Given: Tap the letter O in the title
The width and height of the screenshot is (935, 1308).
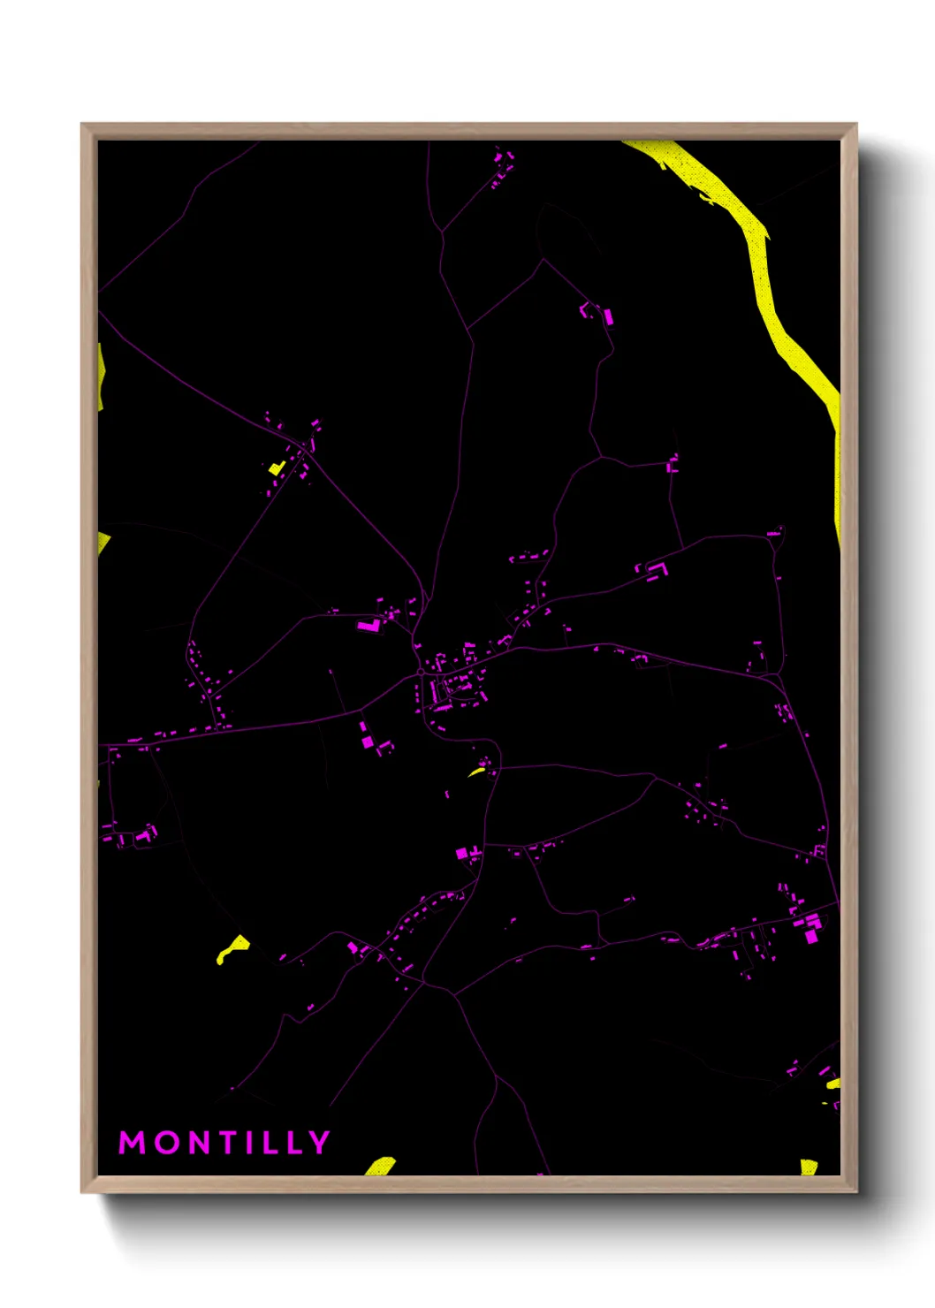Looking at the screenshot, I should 171,1143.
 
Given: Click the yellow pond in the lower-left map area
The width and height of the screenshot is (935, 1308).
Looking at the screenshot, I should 233,949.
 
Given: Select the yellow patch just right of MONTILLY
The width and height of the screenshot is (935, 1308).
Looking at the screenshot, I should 381,1167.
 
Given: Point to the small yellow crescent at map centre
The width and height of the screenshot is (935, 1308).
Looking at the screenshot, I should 476,772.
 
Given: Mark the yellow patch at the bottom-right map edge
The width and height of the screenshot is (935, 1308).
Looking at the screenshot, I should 808,1167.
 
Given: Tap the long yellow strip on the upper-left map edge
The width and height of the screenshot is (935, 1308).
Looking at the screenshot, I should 101,376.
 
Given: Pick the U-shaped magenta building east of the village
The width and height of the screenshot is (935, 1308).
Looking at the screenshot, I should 655,570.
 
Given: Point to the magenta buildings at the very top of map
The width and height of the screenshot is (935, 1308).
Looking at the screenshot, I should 503,164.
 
